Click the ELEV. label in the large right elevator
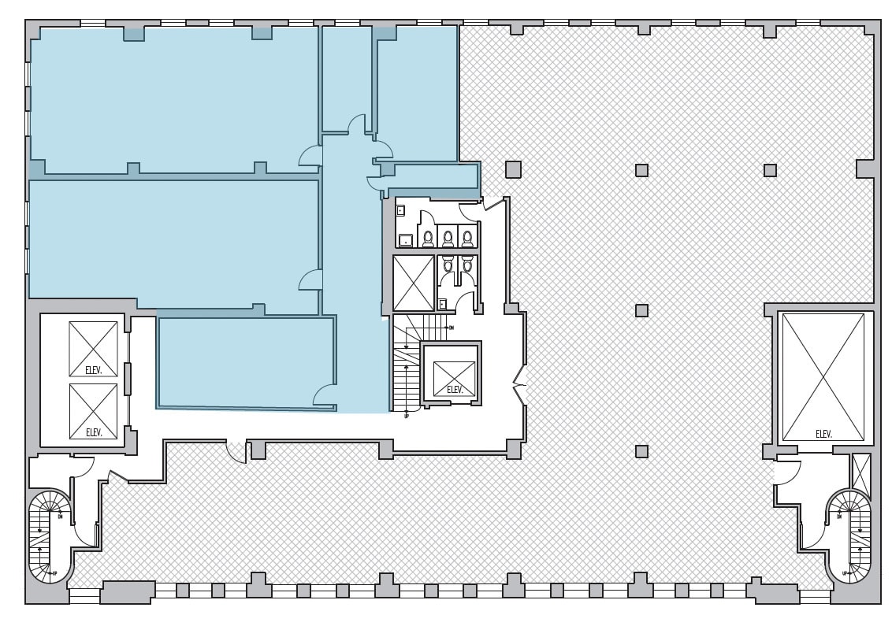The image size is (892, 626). [x=823, y=434]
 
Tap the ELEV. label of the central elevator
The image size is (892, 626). [x=455, y=389]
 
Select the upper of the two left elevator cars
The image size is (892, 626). [x=93, y=348]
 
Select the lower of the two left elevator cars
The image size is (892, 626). [x=93, y=410]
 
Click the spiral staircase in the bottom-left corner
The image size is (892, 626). [x=50, y=535]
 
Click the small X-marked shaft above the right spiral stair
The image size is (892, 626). [x=860, y=470]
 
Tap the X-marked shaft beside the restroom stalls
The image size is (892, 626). [x=414, y=283]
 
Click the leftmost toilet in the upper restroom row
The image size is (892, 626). [x=428, y=237]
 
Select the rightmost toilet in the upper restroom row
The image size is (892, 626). [x=467, y=237]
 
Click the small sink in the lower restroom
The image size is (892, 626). [x=443, y=304]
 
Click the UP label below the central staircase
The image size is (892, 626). [x=406, y=415]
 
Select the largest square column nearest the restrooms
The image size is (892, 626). [x=513, y=169]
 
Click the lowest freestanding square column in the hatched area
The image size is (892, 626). [x=641, y=451]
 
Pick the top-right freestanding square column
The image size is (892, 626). [x=770, y=170]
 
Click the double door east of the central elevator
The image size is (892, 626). [x=520, y=385]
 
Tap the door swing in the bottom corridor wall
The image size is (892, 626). [x=236, y=451]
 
